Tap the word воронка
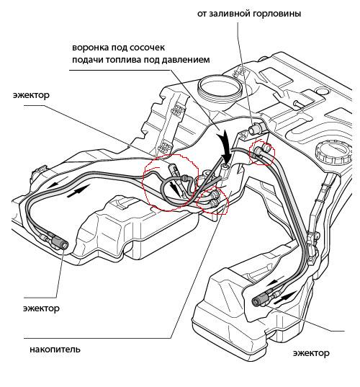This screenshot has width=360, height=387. pyautogui.click(x=90, y=47)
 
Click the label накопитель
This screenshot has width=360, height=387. pyautogui.click(x=55, y=350)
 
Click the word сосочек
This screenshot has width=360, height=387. pyautogui.click(x=147, y=47)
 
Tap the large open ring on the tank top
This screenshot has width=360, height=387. pyautogui.click(x=219, y=88)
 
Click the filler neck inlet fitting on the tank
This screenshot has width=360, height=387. pyautogui.click(x=256, y=128)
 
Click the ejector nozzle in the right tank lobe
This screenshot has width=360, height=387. pyautogui.click(x=262, y=299)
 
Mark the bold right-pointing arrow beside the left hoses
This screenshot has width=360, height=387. pyautogui.click(x=78, y=191)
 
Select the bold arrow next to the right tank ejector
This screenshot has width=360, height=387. pyautogui.click(x=284, y=298)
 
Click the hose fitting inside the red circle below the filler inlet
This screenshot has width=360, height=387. pyautogui.click(x=262, y=150)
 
